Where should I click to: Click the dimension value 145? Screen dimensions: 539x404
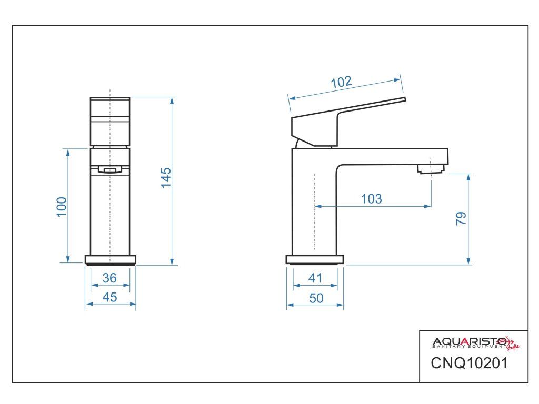pos(166,178)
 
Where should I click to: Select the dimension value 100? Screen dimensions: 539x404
pos(62,207)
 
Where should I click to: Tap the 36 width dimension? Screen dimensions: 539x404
pos(109,278)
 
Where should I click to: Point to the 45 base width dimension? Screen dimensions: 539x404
pos(109,297)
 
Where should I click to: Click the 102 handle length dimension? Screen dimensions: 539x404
pos(341,83)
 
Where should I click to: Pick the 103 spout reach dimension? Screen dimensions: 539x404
pos(371,199)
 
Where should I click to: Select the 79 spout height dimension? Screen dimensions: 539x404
pos(461,218)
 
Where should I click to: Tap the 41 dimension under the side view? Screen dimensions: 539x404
pos(315,278)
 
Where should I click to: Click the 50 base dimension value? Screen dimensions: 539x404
pos(316,298)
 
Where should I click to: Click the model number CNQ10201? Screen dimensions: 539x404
pos(469,363)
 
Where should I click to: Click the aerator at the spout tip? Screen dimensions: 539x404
pos(431,169)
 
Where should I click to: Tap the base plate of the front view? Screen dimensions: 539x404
pos(111,259)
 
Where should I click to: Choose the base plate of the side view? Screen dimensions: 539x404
pos(315,259)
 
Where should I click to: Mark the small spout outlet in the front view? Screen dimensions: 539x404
pos(109,169)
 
